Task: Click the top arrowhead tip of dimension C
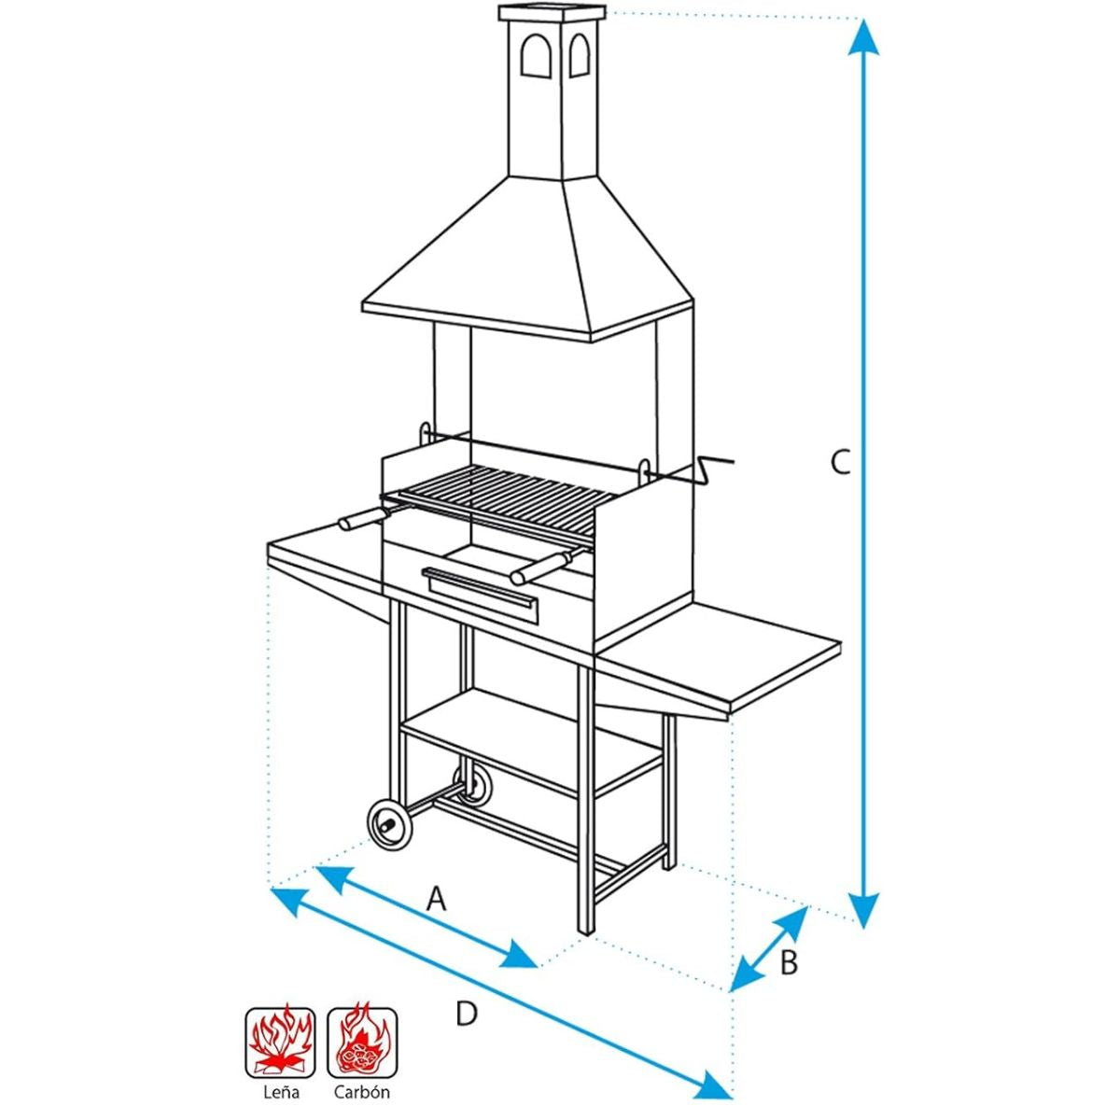pos(863,19)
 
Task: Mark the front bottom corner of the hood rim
pos(591,342)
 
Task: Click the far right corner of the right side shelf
pos(842,641)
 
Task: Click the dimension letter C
pos(840,463)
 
